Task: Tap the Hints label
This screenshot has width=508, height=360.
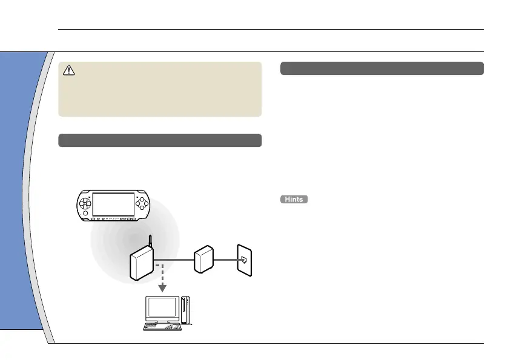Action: pyautogui.click(x=294, y=200)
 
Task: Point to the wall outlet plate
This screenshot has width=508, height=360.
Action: pyautogui.click(x=245, y=261)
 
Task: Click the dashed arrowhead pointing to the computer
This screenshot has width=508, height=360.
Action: pyautogui.click(x=163, y=287)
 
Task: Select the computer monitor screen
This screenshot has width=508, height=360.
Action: pyautogui.click(x=161, y=309)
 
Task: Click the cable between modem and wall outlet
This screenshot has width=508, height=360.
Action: pyautogui.click(x=225, y=261)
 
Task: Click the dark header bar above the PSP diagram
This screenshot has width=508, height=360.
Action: pyautogui.click(x=160, y=140)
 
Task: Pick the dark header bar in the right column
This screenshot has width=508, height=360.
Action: pyautogui.click(x=382, y=68)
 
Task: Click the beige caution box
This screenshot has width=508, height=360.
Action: pyautogui.click(x=160, y=89)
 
